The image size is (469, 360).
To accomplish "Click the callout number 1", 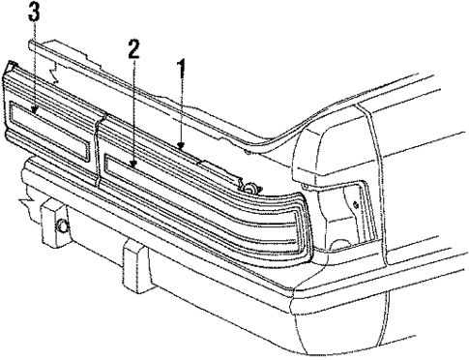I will [x=180, y=69].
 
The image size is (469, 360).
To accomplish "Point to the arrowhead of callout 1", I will [x=180, y=146].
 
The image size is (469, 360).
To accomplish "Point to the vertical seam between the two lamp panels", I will [x=98, y=150].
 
